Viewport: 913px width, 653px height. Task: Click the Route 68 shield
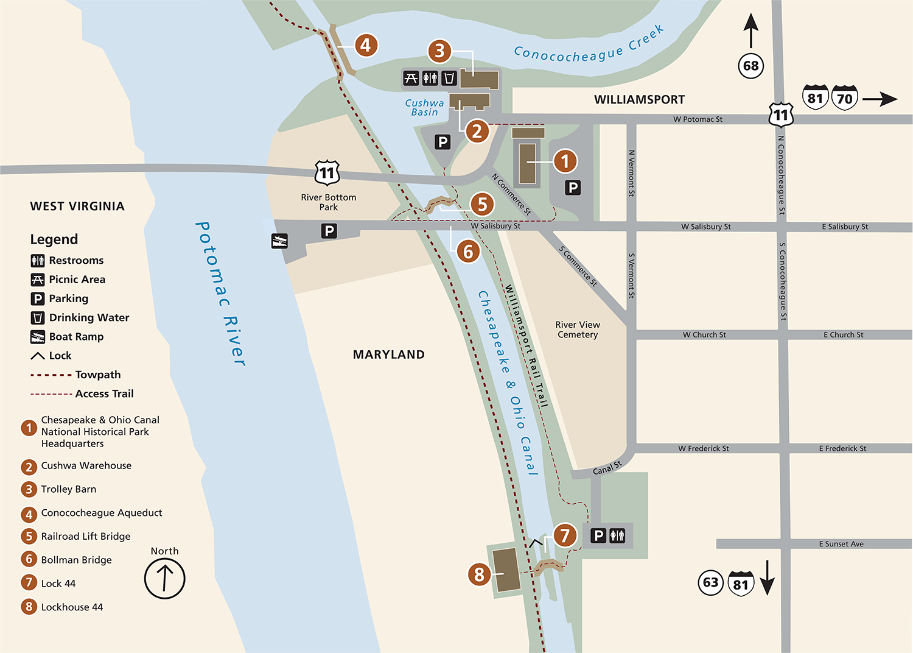(751, 66)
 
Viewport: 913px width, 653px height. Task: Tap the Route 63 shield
(710, 582)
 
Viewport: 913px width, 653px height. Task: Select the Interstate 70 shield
(844, 98)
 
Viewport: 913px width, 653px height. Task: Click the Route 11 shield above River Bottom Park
(327, 172)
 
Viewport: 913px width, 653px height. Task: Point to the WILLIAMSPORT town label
(639, 100)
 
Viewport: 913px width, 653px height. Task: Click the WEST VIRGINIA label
(77, 206)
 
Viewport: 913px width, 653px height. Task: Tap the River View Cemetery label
(578, 330)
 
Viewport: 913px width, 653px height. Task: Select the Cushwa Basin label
(424, 108)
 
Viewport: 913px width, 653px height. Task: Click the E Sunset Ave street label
(841, 544)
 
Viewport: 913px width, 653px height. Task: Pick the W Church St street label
(704, 334)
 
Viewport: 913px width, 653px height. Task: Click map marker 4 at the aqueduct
(365, 45)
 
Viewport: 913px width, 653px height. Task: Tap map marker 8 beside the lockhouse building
(479, 574)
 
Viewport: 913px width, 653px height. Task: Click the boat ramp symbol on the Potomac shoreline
(279, 241)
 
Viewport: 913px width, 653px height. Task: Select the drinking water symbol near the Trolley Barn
(449, 78)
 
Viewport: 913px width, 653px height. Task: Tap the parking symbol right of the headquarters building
(572, 188)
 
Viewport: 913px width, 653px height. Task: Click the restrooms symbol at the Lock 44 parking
(617, 535)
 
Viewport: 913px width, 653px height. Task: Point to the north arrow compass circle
(164, 578)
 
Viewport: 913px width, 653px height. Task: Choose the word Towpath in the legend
(98, 375)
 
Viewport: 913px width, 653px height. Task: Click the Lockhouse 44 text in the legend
(72, 607)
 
